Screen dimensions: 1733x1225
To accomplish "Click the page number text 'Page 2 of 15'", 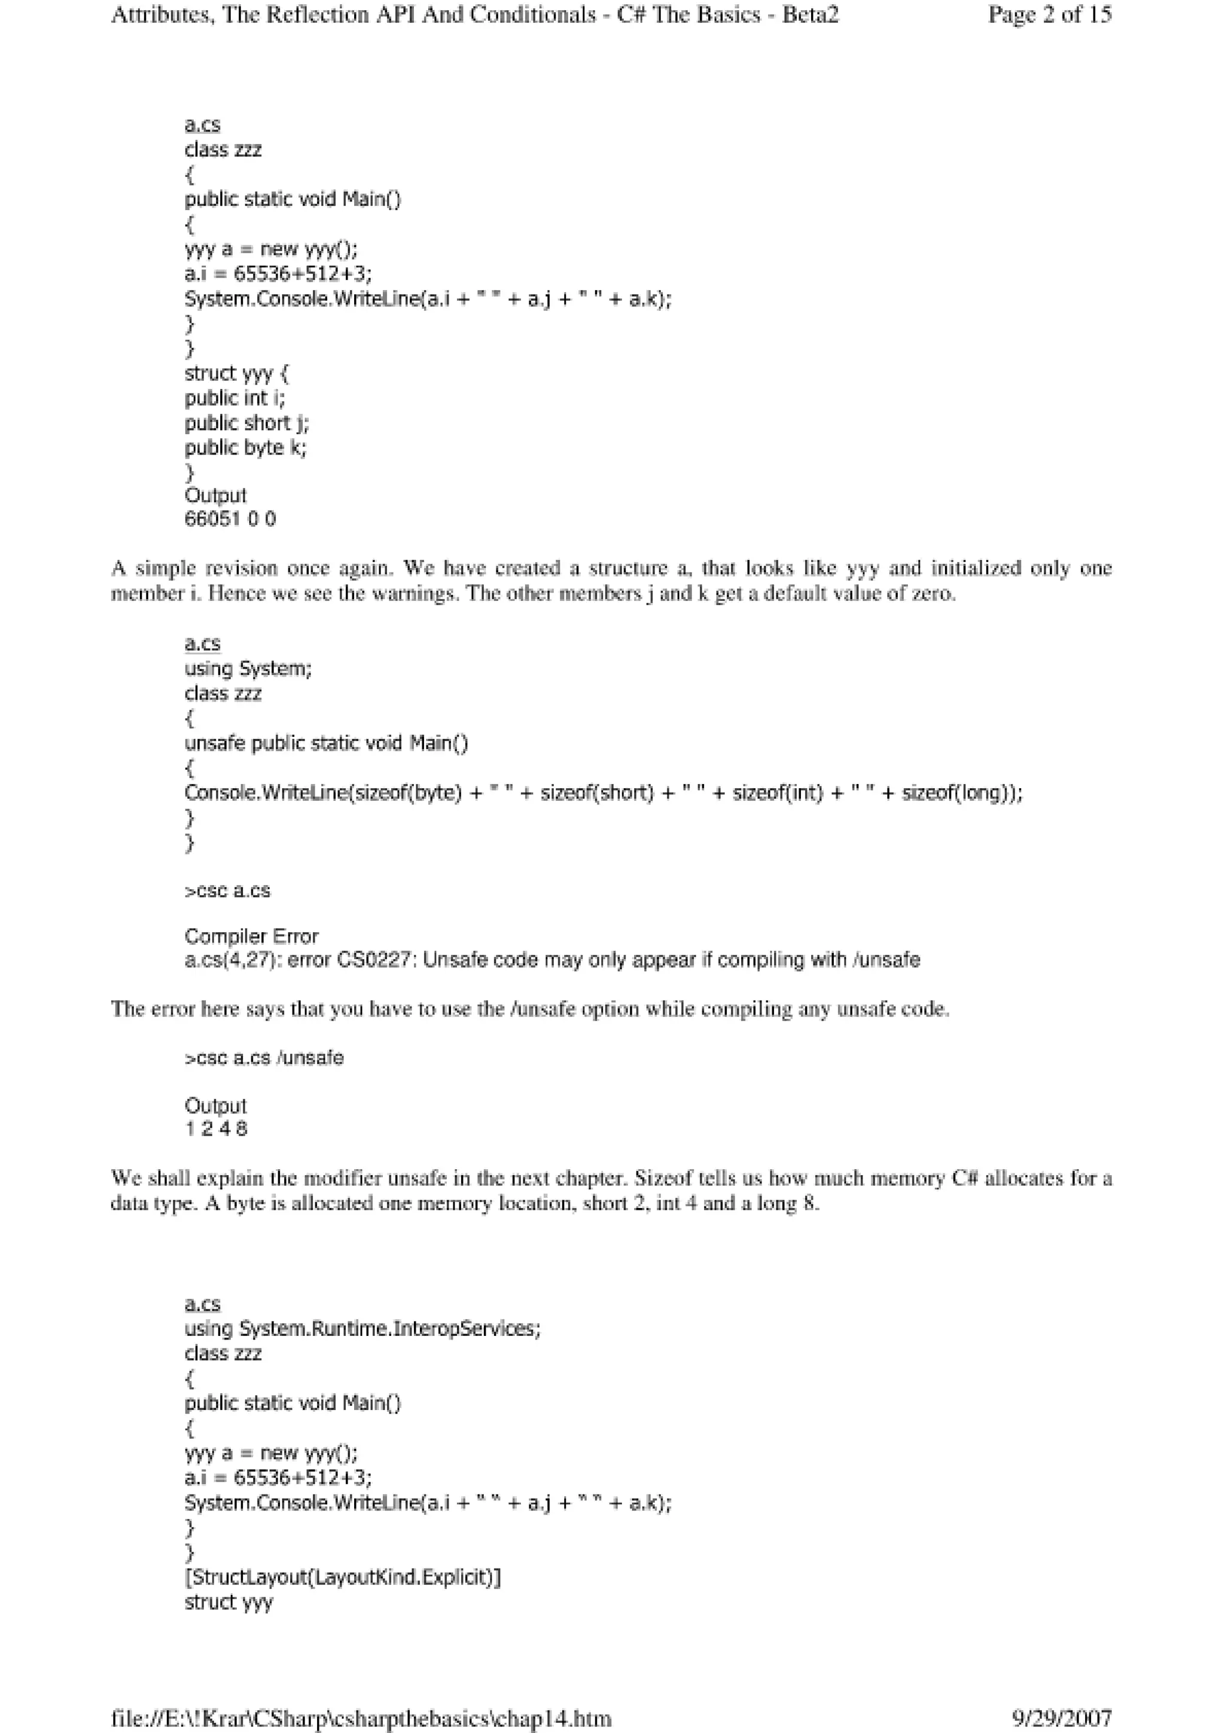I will [x=1049, y=15].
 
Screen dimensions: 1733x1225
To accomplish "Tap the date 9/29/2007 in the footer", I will [x=1061, y=1719].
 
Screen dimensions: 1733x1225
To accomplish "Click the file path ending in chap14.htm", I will [x=361, y=1719].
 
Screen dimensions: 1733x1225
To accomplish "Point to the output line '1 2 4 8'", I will [x=216, y=1129].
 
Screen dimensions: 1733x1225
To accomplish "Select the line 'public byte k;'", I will [x=245, y=448].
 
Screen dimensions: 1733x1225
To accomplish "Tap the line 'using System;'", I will [x=248, y=669].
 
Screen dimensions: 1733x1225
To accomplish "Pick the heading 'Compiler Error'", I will [x=251, y=936].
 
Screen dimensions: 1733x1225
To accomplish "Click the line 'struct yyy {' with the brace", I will [x=236, y=374].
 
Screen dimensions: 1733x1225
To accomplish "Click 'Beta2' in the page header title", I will [x=810, y=15].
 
